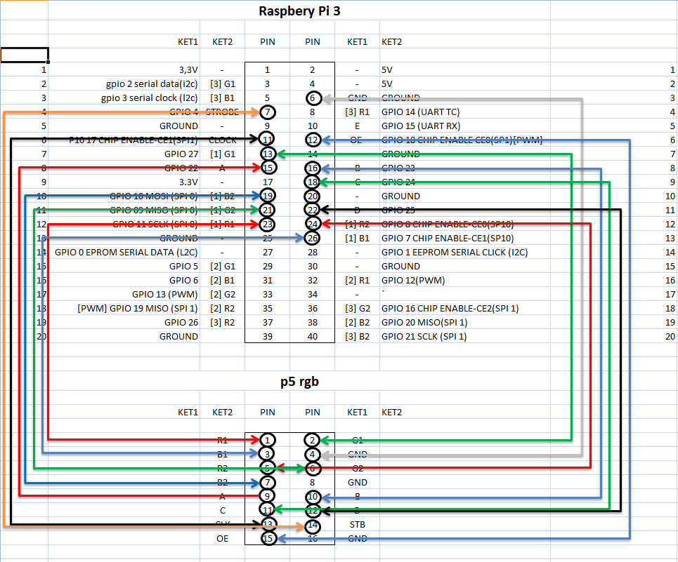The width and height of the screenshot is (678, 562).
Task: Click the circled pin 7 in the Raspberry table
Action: coord(268,112)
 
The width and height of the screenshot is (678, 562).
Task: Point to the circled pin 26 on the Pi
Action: coord(313,238)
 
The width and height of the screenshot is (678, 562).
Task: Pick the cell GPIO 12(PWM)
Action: coord(412,280)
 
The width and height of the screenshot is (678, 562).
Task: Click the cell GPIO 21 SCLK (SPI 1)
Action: coord(424,336)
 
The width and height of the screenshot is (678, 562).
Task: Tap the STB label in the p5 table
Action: coord(357,524)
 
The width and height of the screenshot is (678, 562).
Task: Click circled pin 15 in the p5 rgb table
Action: coord(268,538)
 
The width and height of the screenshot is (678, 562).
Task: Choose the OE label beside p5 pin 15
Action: coord(223,538)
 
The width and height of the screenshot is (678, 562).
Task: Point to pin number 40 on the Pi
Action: coord(313,336)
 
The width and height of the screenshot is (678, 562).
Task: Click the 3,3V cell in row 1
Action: coord(188,69)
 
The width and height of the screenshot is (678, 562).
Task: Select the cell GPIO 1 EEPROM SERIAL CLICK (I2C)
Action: coord(454,252)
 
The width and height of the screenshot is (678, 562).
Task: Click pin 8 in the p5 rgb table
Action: coord(313,482)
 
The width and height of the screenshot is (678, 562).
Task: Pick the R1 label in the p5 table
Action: coord(223,440)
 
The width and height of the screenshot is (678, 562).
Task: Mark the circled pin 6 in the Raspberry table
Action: coord(313,98)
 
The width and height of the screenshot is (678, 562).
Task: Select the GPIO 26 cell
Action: coord(181,322)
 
